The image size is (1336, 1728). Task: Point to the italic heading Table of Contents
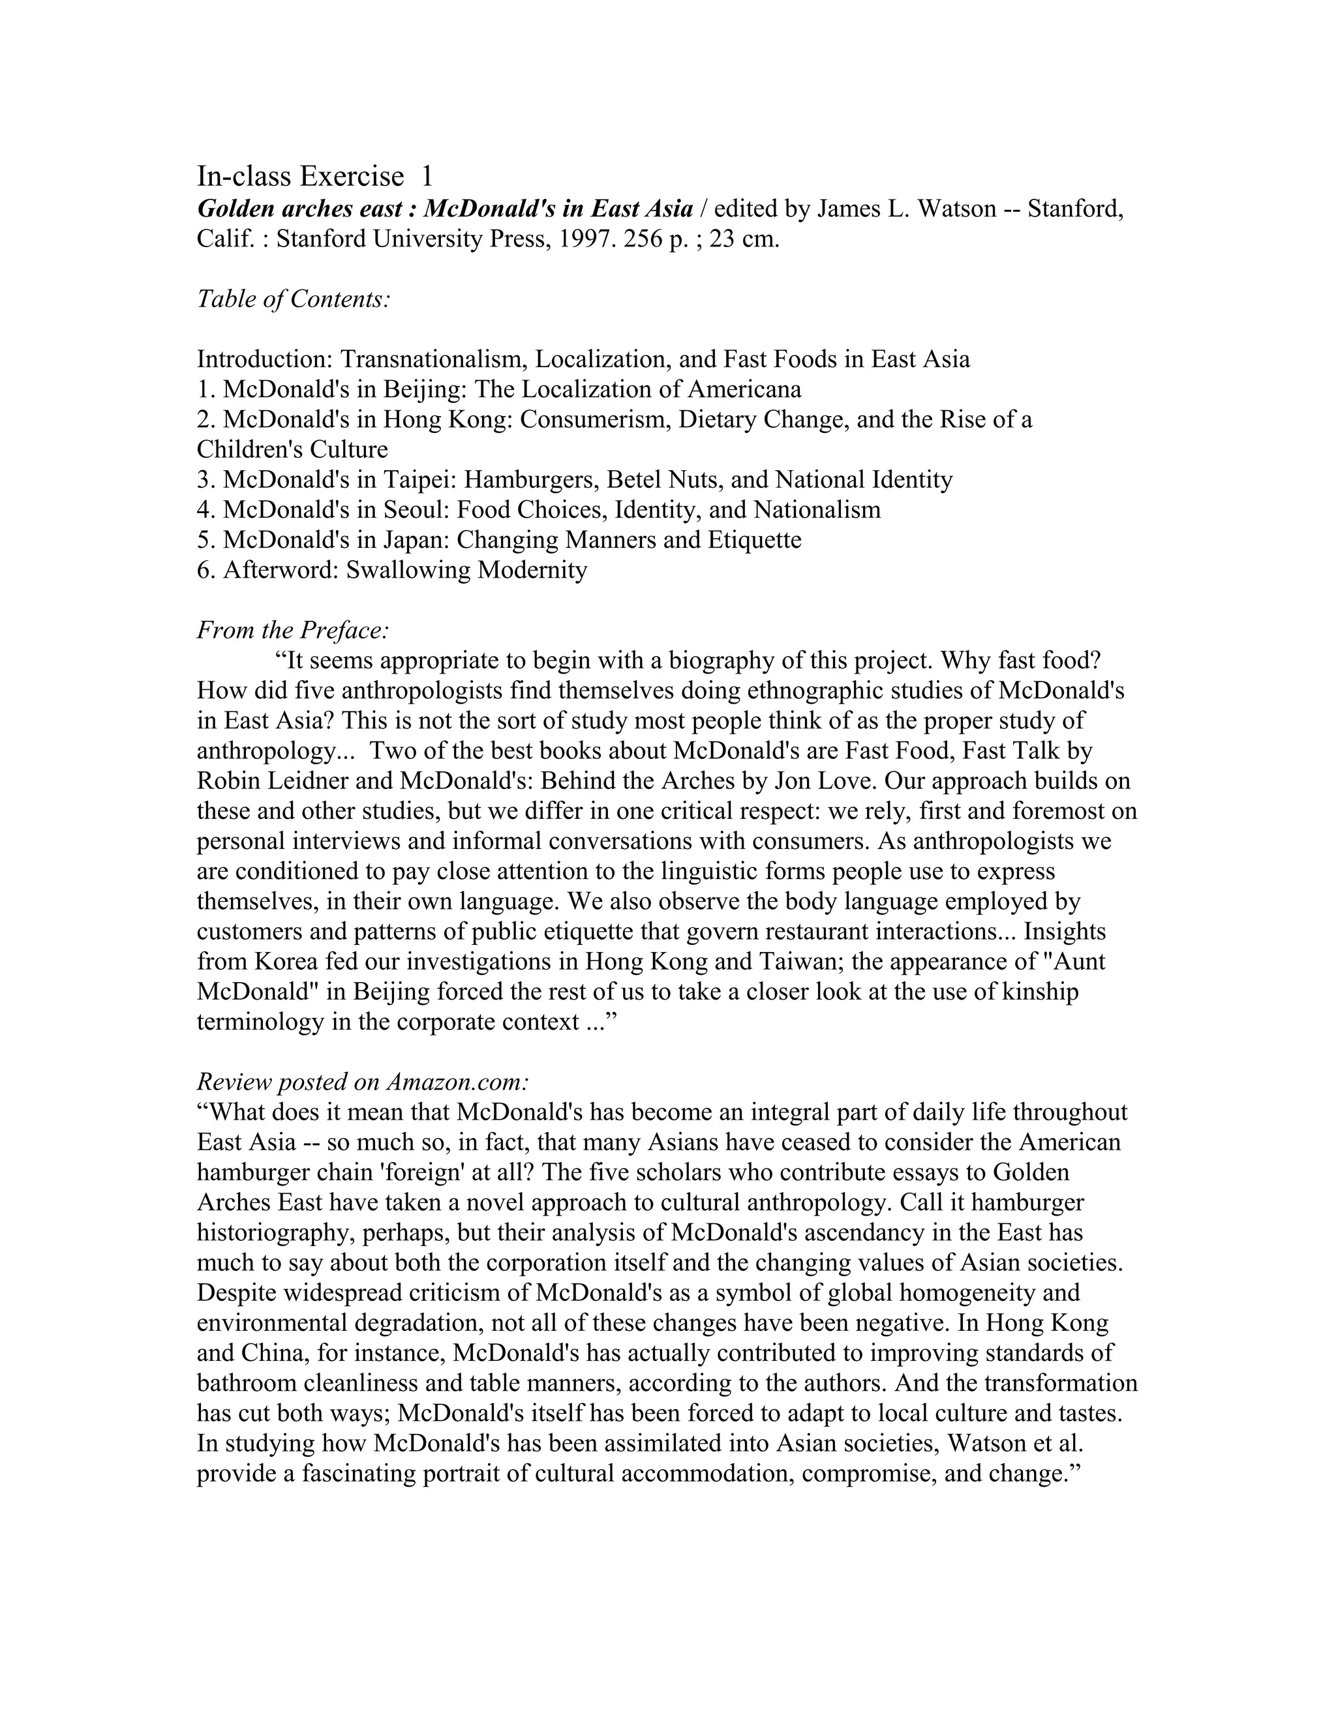tap(294, 299)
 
